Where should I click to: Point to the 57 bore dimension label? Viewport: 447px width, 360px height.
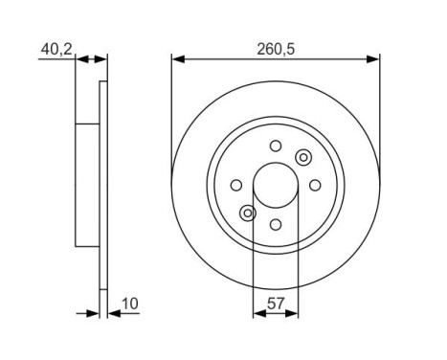point(275,305)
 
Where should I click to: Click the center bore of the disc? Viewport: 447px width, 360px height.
point(276,185)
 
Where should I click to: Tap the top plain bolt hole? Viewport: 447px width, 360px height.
point(276,146)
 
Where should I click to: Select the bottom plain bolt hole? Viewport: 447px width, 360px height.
point(276,224)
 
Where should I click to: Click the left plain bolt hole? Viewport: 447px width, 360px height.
point(236,185)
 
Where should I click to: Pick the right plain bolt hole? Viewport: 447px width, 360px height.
point(315,185)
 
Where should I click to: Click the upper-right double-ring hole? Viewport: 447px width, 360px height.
point(303,157)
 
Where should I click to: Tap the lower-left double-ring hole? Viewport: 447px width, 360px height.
point(248,213)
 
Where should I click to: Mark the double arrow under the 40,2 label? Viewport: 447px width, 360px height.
point(91,58)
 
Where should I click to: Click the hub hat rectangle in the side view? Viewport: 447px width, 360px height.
point(87,185)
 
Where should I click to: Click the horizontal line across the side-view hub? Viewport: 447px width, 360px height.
point(87,124)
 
